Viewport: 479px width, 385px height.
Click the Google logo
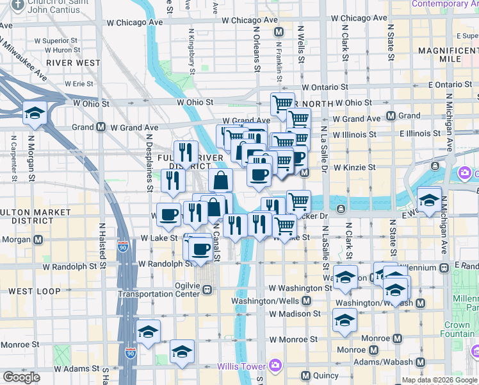21,377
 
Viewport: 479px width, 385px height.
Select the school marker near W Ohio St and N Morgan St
34,114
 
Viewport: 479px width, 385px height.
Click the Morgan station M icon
38,240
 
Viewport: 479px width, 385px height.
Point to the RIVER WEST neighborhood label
73,63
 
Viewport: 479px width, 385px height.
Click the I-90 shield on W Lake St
123,245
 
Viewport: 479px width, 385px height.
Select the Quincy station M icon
305,375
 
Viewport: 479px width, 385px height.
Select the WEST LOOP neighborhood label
35,291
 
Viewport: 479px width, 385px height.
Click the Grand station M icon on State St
391,116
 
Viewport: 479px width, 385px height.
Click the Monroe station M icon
397,338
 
